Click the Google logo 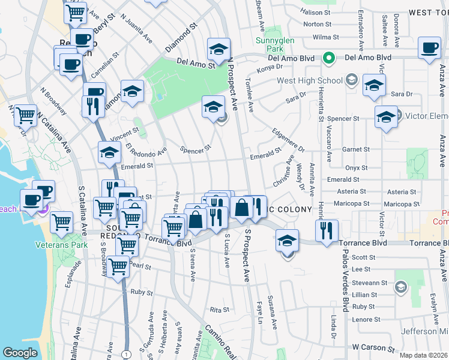(20, 353)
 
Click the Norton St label (318, 25)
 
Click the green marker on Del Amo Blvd (328, 58)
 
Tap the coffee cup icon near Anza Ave (430, 50)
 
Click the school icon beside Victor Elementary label (386, 118)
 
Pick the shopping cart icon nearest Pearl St (118, 266)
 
